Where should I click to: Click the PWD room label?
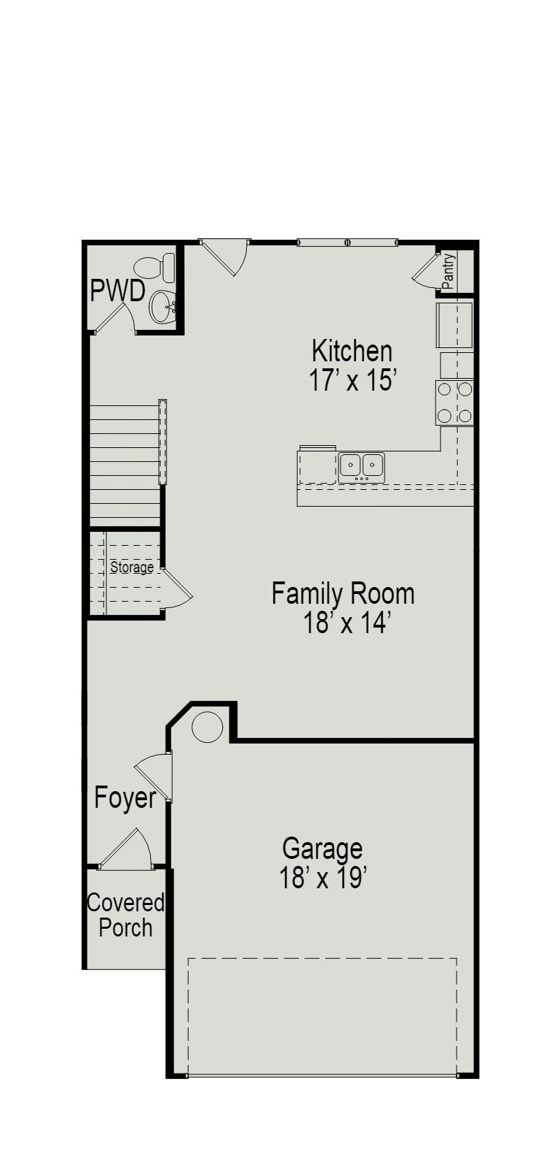[117, 290]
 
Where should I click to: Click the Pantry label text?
[448, 271]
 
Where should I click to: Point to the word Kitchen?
[352, 350]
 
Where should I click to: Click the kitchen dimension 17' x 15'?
[352, 381]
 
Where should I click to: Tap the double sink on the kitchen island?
[361, 465]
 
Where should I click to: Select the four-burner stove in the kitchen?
[454, 402]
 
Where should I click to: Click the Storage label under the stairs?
[131, 567]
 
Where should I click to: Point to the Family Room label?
[343, 593]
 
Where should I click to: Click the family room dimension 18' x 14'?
[345, 623]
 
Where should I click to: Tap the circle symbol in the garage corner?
[207, 727]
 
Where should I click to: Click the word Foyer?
[125, 797]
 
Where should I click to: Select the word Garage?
[322, 848]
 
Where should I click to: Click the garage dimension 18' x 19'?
[323, 878]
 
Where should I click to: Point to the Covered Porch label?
[125, 916]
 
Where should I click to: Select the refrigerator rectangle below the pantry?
[454, 325]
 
